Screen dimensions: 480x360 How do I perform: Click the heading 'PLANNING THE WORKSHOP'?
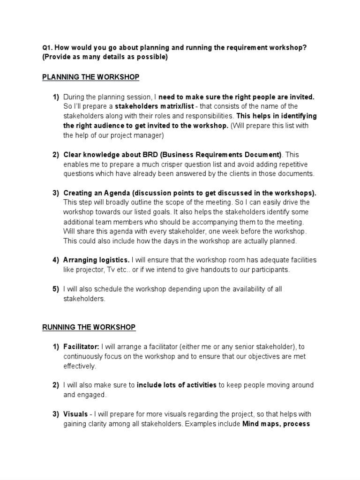click(90, 77)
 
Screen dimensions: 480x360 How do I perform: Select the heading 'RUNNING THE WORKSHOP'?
click(89, 327)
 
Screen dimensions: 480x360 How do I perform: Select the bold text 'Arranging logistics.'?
click(97, 260)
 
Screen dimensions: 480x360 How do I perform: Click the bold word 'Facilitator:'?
click(81, 347)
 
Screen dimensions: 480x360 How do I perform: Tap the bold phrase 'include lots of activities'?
click(176, 385)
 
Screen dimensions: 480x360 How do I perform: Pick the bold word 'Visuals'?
click(75, 414)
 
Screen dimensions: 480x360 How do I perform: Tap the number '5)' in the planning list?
click(55, 289)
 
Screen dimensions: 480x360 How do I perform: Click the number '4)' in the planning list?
click(55, 260)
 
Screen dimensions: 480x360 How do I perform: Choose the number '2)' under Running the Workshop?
click(55, 385)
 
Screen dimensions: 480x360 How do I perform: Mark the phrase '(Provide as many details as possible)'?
click(105, 57)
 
